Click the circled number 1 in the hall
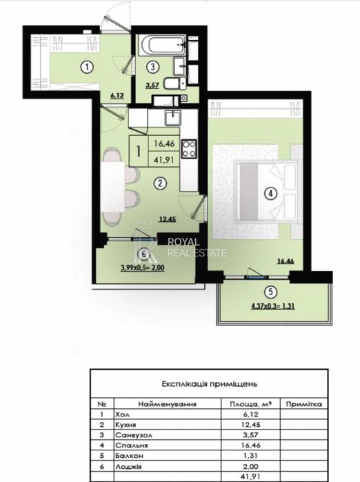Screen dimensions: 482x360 pyautogui.click(x=85, y=68)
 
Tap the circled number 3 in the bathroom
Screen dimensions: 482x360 pyautogui.click(x=153, y=67)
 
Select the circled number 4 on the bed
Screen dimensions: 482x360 pyautogui.click(x=272, y=194)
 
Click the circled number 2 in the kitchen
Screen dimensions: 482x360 pyautogui.click(x=159, y=183)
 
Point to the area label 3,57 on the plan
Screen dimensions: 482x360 pyautogui.click(x=151, y=88)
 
